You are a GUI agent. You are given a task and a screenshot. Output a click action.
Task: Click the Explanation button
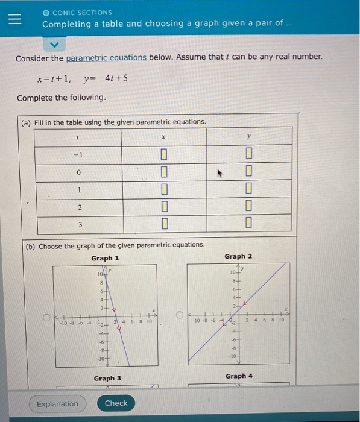click(57, 403)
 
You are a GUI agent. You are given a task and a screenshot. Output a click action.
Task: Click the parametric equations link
click(106, 58)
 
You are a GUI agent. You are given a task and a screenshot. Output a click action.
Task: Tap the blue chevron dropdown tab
click(55, 44)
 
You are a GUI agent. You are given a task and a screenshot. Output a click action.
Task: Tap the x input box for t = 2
click(163, 207)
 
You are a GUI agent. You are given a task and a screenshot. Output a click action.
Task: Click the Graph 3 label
click(107, 378)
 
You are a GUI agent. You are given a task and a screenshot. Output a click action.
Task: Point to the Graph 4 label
click(239, 376)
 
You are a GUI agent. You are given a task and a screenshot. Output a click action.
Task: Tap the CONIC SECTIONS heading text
click(82, 12)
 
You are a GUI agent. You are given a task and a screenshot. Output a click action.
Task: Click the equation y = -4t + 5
click(106, 78)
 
